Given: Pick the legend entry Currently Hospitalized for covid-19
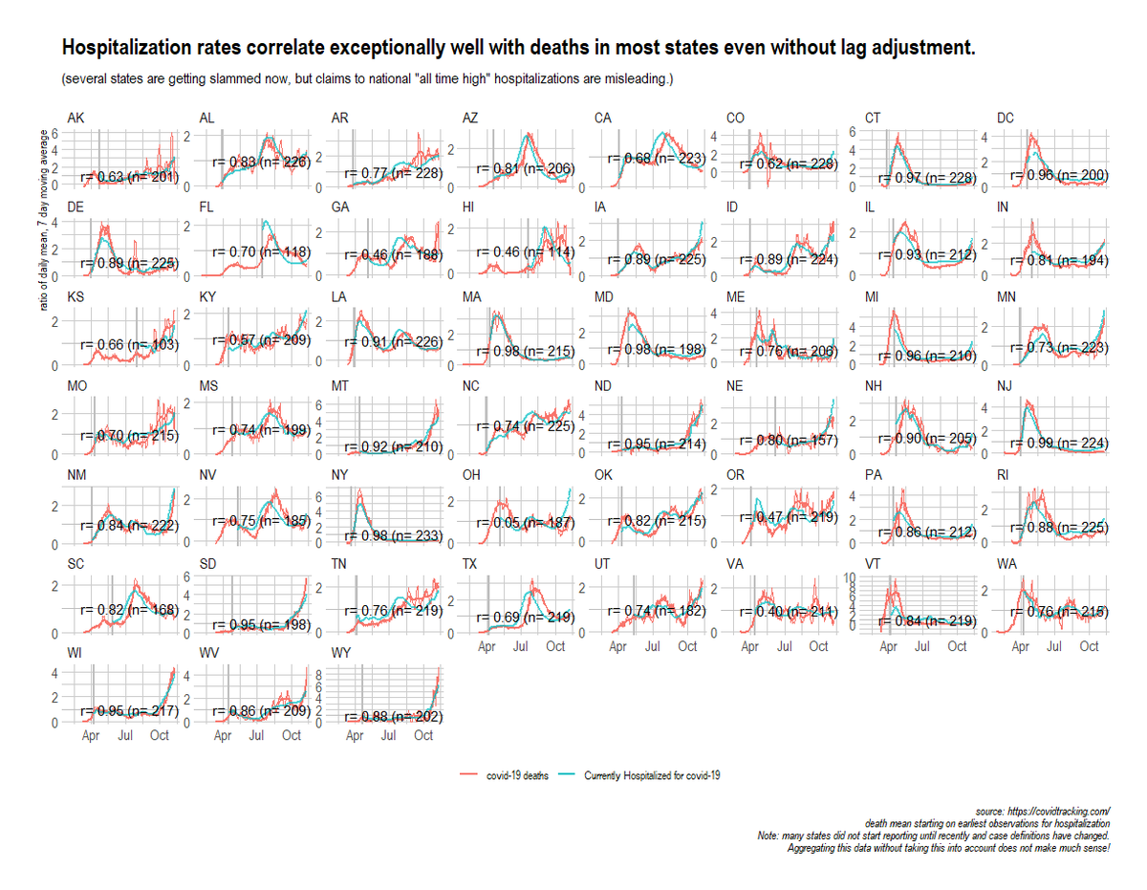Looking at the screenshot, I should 638,776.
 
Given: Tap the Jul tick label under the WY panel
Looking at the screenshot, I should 389,737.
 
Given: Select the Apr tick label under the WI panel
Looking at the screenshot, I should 91,737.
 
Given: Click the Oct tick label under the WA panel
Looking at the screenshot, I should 1089,647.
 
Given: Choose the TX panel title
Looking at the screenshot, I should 469,564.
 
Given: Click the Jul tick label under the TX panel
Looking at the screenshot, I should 521,647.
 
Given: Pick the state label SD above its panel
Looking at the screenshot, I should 207,564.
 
